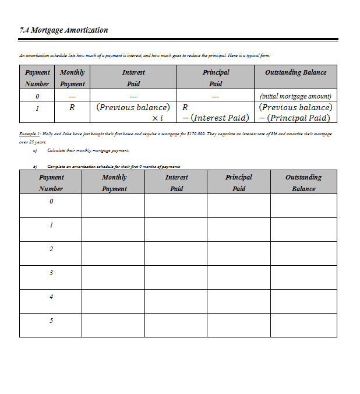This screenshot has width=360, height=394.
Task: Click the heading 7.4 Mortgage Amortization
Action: pyautogui.click(x=63, y=30)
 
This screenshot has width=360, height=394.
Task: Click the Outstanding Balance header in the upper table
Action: pyautogui.click(x=295, y=73)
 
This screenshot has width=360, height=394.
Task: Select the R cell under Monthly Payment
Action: pyautogui.click(x=72, y=108)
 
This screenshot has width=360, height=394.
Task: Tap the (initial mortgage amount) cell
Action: pyautogui.click(x=295, y=96)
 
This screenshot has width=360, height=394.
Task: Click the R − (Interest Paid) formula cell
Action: pyautogui.click(x=215, y=112)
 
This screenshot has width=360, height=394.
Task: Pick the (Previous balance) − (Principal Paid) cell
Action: pyautogui.click(x=295, y=112)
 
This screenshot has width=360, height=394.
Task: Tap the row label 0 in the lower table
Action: pyautogui.click(x=51, y=202)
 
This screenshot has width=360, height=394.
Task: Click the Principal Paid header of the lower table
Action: pyautogui.click(x=239, y=182)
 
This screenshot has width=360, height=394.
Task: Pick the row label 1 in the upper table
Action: pyautogui.click(x=37, y=108)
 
